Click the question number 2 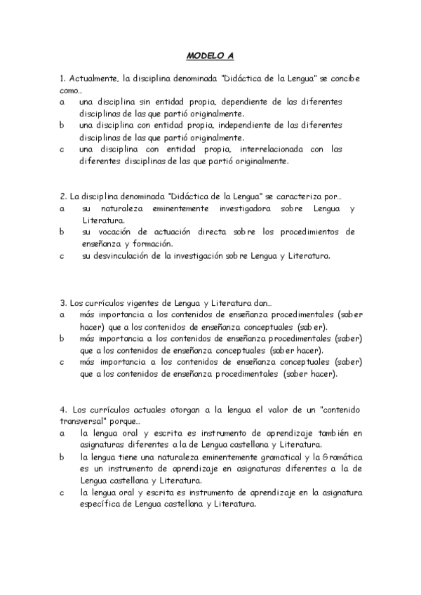click(x=63, y=196)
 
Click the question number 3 click(x=63, y=302)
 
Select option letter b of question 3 click(x=62, y=338)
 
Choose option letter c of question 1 click(x=62, y=149)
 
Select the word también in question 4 click(x=328, y=433)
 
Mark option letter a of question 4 click(x=62, y=433)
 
